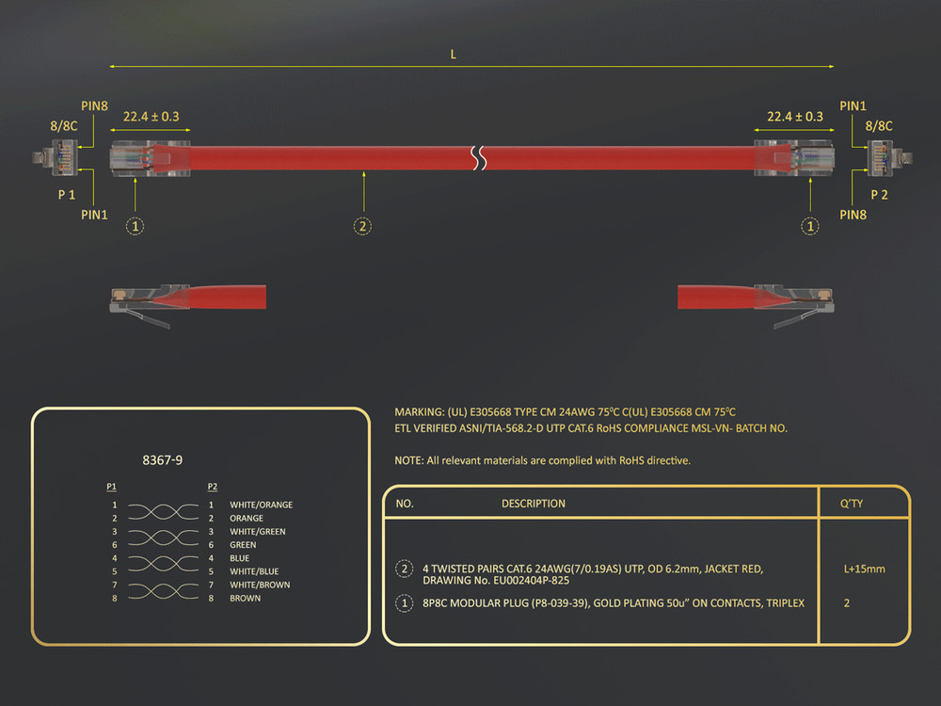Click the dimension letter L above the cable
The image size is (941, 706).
click(x=454, y=55)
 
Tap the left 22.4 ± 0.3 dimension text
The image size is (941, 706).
click(x=152, y=117)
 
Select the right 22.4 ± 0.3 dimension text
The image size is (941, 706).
click(x=795, y=117)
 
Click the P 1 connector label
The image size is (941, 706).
click(x=67, y=195)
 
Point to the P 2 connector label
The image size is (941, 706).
click(x=879, y=195)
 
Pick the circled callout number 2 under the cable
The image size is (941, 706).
click(x=362, y=226)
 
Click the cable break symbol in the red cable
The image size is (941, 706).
click(x=478, y=157)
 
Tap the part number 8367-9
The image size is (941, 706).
click(x=163, y=460)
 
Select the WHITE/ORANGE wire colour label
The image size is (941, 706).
click(x=261, y=505)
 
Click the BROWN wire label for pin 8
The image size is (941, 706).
click(x=245, y=598)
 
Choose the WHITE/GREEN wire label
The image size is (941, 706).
click(x=258, y=531)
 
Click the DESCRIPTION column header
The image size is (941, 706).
click(x=534, y=504)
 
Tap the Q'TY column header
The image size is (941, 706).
click(x=852, y=504)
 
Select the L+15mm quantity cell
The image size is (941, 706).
click(x=864, y=570)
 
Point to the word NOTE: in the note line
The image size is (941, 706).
click(x=408, y=460)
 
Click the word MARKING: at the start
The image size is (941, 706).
click(x=419, y=412)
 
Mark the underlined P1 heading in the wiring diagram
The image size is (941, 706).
click(x=112, y=487)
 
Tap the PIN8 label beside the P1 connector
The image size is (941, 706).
click(x=94, y=106)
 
